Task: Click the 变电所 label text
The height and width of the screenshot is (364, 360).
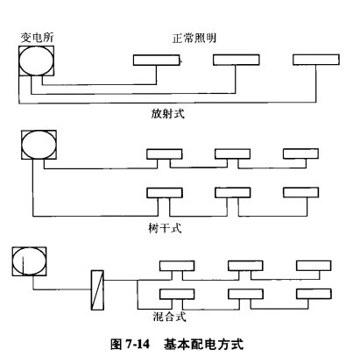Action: pyautogui.click(x=33, y=38)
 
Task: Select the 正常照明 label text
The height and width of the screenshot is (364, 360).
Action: pyautogui.click(x=194, y=39)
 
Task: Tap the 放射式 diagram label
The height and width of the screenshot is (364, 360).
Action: pyautogui.click(x=166, y=113)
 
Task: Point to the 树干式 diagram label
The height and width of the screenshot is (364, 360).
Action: pyautogui.click(x=166, y=225)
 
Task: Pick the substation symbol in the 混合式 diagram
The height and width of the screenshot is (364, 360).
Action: pyautogui.click(x=29, y=261)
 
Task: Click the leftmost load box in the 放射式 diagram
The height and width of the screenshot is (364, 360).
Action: pyautogui.click(x=159, y=60)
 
